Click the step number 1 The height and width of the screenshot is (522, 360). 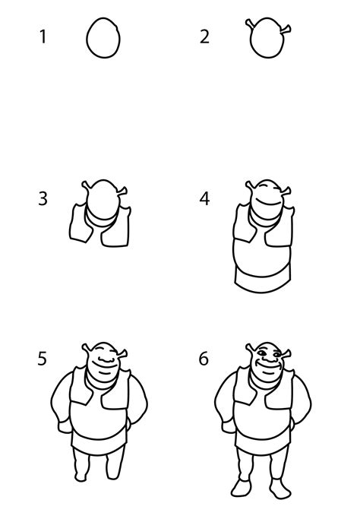(x=43, y=36)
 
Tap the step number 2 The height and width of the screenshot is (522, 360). (x=204, y=36)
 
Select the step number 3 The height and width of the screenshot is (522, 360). (x=43, y=198)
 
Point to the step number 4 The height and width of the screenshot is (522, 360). (x=204, y=198)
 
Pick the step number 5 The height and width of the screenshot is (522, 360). (x=43, y=358)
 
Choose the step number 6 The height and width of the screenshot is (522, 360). (x=204, y=358)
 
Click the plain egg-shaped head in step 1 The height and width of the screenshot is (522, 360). (x=103, y=38)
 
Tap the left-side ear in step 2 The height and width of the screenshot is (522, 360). (x=251, y=25)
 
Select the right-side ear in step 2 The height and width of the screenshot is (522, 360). (x=287, y=29)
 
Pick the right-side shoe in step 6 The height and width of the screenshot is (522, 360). (x=280, y=486)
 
